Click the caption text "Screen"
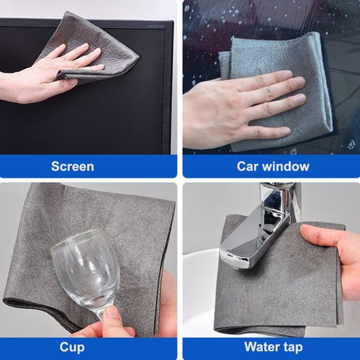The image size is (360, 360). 72,166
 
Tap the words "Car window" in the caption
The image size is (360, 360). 273,166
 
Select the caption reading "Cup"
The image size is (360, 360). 72,346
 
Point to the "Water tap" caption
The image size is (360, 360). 273,346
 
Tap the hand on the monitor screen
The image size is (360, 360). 43,76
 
